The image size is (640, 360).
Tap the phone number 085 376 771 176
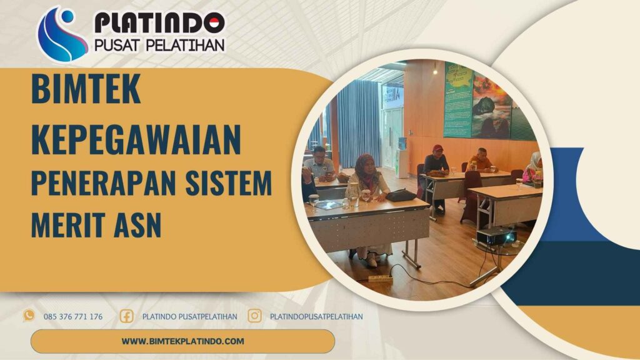tap(73, 317)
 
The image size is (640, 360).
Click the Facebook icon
tap(126, 316)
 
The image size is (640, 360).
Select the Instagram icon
tap(254, 316)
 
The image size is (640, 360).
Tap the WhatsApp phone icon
tap(29, 316)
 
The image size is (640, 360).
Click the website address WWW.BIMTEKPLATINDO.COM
tap(182, 341)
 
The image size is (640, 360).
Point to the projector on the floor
tap(497, 237)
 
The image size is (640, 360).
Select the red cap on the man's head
tap(437, 148)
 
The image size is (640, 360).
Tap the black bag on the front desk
tap(401, 196)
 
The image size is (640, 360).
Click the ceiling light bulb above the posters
tap(435, 71)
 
